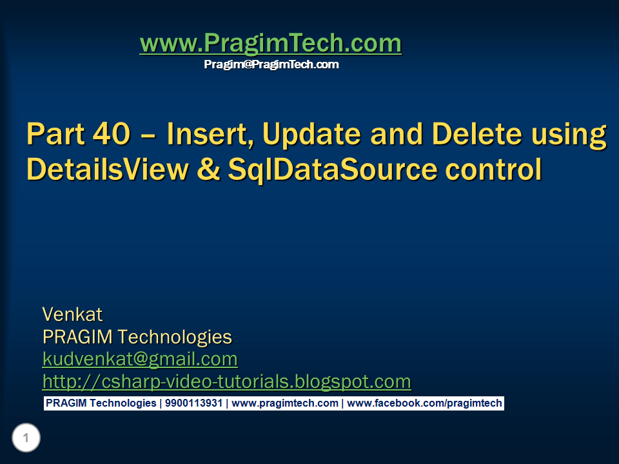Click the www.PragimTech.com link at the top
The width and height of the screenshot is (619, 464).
(x=270, y=44)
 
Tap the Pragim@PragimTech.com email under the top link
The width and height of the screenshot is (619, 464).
(x=271, y=64)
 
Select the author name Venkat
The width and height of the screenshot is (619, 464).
(x=72, y=314)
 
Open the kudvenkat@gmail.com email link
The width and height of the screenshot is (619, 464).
(x=140, y=359)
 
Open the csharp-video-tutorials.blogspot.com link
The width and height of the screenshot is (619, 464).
(x=226, y=382)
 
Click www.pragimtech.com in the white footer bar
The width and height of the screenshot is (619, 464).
(x=284, y=403)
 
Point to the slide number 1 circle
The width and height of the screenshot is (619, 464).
(x=26, y=439)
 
